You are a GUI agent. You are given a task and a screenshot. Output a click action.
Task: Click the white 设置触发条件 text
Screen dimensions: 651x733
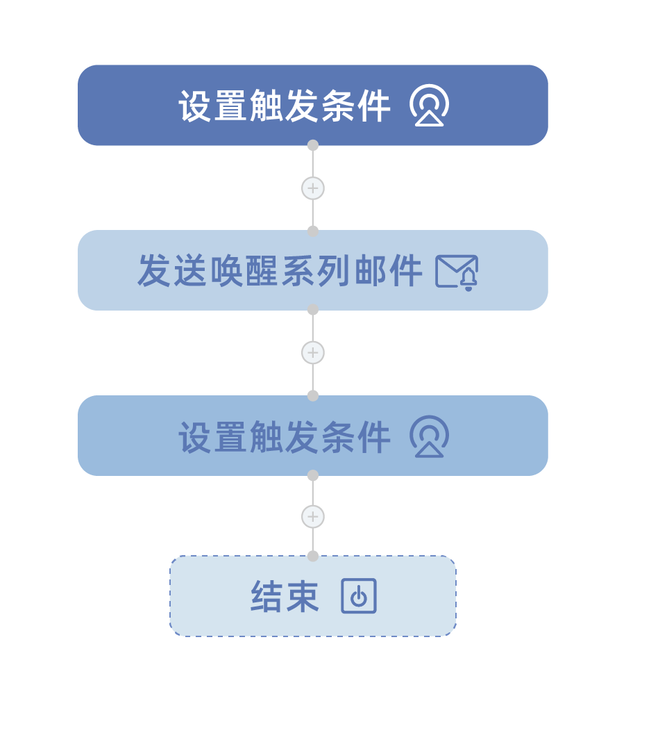(285, 106)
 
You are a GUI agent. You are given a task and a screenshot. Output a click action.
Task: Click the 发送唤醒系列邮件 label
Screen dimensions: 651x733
(280, 271)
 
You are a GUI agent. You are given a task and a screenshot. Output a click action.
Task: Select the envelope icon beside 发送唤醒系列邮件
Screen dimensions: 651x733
(456, 272)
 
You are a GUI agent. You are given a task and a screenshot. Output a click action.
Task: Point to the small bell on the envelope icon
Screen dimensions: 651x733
(468, 280)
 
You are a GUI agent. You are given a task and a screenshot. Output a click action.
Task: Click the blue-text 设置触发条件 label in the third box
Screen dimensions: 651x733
(285, 436)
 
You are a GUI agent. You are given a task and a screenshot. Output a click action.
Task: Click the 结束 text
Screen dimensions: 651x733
(285, 597)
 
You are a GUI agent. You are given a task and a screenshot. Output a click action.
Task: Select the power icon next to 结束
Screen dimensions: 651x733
(359, 595)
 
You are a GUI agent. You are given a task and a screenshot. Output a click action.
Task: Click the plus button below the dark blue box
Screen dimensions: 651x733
(313, 188)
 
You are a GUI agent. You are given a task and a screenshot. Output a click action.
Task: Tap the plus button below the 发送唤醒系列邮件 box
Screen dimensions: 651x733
(313, 352)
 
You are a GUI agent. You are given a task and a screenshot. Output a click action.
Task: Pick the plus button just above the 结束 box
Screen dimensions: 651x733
(313, 516)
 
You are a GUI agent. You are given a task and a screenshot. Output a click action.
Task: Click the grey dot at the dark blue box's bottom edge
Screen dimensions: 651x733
(313, 145)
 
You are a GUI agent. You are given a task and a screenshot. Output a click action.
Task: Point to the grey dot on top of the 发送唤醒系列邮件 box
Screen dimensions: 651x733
(313, 231)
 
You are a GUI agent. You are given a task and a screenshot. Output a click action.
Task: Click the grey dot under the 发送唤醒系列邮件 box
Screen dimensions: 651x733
(313, 309)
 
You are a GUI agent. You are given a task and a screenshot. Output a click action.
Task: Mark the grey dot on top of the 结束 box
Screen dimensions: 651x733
(313, 556)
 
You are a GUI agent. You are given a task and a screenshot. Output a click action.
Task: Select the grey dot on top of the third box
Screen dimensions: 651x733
(313, 396)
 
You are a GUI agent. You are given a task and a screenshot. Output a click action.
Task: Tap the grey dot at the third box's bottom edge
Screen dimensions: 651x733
(313, 475)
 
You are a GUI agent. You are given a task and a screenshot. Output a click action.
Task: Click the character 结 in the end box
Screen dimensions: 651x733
(267, 597)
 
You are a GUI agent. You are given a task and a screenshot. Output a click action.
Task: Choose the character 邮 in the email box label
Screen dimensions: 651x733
(370, 271)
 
